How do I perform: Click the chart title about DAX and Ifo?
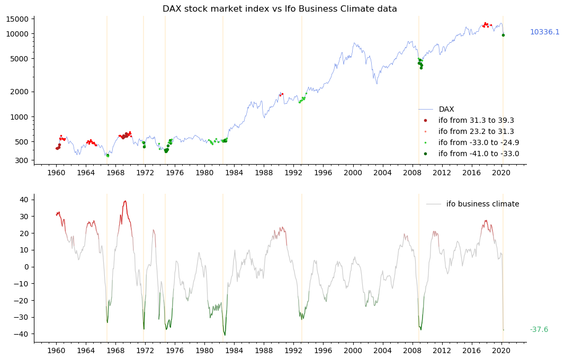pyautogui.click(x=280, y=9)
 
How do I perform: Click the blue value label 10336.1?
pyautogui.click(x=544, y=32)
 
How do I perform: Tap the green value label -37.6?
pyautogui.click(x=539, y=330)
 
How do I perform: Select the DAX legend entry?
pyautogui.click(x=446, y=110)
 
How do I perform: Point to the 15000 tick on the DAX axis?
pyautogui.click(x=20, y=19)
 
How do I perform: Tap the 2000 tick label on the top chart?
pyautogui.click(x=22, y=92)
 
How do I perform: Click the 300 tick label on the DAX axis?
pyautogui.click(x=23, y=160)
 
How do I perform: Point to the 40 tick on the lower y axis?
pyautogui.click(x=23, y=200)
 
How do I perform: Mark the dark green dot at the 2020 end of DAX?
pyautogui.click(x=503, y=35)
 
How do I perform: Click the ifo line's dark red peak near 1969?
pyautogui.click(x=125, y=201)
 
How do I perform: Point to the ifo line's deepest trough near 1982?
pyautogui.click(x=225, y=335)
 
